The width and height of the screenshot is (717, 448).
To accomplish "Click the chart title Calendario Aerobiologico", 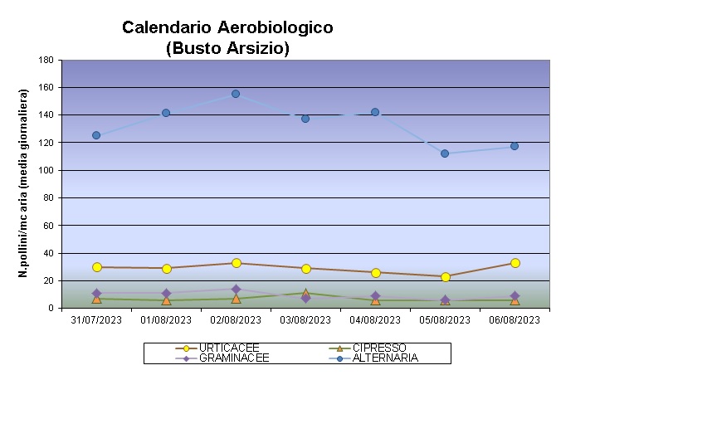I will click(227, 27).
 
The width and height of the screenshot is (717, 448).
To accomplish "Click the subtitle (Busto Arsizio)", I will click(227, 48).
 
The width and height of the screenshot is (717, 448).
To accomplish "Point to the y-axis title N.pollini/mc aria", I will click(25, 184).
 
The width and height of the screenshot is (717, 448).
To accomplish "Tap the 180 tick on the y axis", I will click(46, 61).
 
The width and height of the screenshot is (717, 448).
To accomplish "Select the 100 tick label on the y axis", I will click(46, 170).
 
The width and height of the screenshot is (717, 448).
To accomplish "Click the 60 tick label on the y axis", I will click(48, 226).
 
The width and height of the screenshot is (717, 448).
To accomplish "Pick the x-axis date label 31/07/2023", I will click(96, 319).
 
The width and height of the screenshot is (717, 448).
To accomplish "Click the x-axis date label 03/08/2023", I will click(305, 319).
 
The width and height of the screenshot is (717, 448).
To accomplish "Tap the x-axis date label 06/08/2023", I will click(515, 319).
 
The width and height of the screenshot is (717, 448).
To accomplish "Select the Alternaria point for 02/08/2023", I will click(236, 94).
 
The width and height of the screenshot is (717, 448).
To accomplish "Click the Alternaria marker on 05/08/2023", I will click(445, 153).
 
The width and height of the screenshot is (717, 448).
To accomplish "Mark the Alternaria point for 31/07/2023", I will click(96, 135).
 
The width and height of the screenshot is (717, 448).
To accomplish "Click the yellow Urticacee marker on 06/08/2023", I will click(515, 263).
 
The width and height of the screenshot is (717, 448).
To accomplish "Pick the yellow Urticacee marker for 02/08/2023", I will click(236, 263).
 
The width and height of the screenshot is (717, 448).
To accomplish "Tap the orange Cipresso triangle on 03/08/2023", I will click(305, 293).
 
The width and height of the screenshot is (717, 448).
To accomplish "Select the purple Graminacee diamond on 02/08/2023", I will click(236, 290).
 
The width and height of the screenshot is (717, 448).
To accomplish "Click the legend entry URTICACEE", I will click(229, 348).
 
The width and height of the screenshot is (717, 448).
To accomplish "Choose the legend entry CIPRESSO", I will click(378, 348).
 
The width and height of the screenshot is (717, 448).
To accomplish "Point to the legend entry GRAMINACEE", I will click(234, 358).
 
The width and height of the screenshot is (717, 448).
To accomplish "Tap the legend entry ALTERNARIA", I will click(385, 358).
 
